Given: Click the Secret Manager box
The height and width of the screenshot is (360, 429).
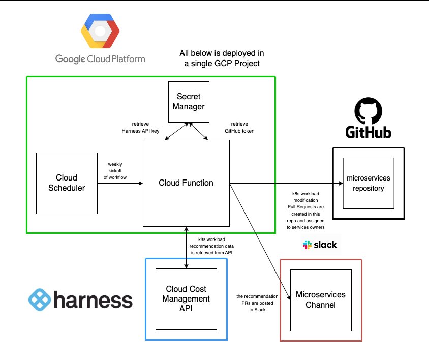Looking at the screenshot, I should pos(189,102).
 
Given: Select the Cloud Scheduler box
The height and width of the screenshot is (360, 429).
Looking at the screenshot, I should pos(67,183).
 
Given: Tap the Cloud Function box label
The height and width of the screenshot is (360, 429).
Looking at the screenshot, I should pos(186,183).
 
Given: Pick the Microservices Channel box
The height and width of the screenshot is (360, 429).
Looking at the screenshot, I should pos(320,300).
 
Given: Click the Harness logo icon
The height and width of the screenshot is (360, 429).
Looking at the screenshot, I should pos(39,300).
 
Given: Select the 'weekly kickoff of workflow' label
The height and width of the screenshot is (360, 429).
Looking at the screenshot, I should pos(117,171).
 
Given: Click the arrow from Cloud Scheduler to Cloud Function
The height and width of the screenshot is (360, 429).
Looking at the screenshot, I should pos(120,183).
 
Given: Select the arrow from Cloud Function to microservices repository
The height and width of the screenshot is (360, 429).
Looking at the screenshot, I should pos(285,183).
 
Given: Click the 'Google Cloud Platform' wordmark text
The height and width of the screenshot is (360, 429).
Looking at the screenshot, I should pos(100,59).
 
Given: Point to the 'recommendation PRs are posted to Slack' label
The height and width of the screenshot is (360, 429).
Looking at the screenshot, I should pos(258,303).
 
